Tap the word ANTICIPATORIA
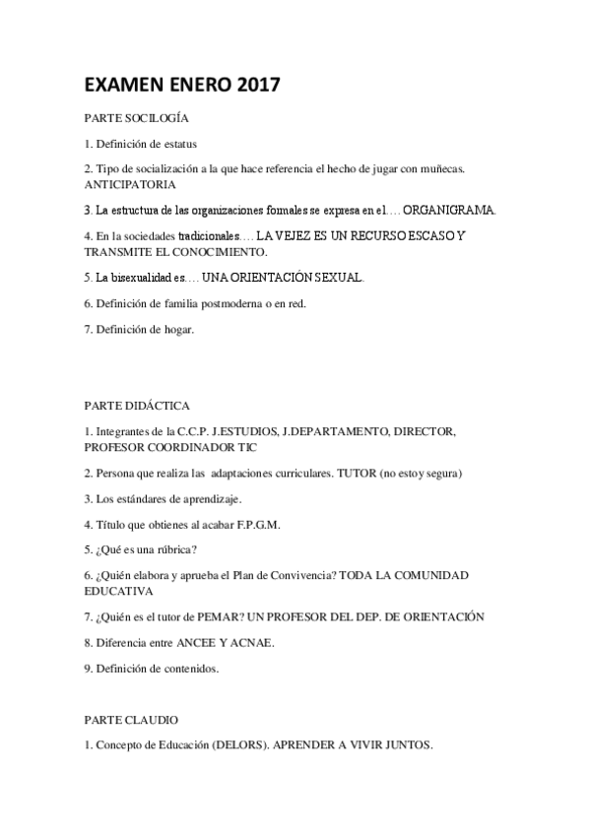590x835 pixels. (130, 184)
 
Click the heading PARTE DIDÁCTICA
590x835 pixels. (137, 406)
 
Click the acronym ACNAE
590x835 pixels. (247, 642)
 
